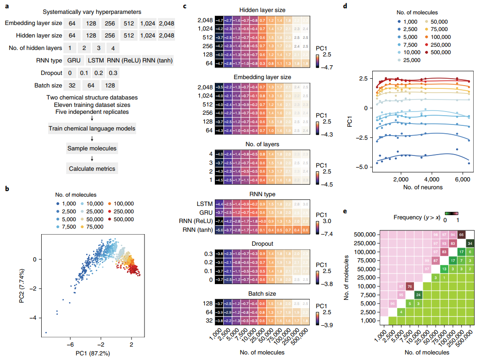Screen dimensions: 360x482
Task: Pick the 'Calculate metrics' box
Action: [92, 168]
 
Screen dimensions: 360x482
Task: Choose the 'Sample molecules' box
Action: [92, 149]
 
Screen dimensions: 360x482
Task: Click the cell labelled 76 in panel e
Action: [410, 286]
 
